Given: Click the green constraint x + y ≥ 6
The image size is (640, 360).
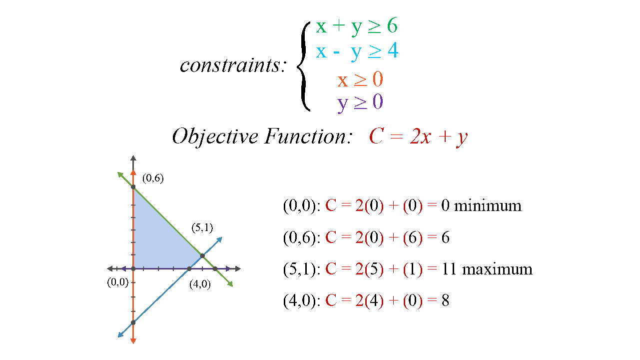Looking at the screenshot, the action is pyautogui.click(x=357, y=26).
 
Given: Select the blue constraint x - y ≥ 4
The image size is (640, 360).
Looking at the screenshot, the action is pyautogui.click(x=357, y=52).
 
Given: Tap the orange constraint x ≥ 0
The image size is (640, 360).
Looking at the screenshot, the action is pyautogui.click(x=360, y=79).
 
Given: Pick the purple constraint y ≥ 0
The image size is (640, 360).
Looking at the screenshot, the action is pyautogui.click(x=360, y=102).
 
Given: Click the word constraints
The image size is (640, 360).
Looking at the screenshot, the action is pyautogui.click(x=233, y=65).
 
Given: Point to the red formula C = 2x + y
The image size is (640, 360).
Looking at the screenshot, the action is pyautogui.click(x=418, y=136).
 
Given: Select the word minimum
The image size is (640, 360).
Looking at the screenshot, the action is pyautogui.click(x=488, y=205).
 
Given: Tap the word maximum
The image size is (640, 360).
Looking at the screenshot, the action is pyautogui.click(x=497, y=269).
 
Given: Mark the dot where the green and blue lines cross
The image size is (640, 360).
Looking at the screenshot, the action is pyautogui.click(x=202, y=255).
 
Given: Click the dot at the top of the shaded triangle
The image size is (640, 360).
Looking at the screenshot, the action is pyautogui.click(x=133, y=187).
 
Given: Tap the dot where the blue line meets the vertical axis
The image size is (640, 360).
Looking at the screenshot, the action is pyautogui.click(x=133, y=322).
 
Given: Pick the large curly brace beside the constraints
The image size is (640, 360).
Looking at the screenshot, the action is pyautogui.click(x=304, y=66).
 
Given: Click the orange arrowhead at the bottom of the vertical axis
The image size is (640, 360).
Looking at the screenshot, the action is pyautogui.click(x=133, y=340).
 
